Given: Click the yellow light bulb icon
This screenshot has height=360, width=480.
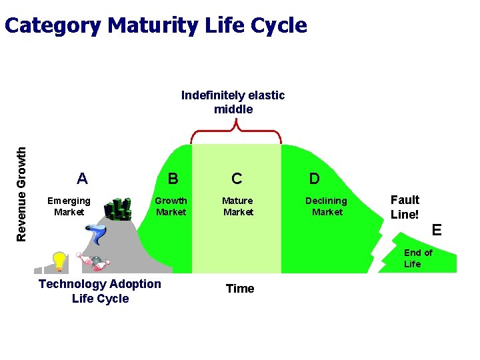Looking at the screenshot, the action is point(59,261).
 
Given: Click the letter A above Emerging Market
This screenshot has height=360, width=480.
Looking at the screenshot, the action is point(82,179).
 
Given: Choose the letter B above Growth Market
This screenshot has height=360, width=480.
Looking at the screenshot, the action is point(173,179).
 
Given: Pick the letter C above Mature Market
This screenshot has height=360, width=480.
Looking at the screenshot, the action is point(237,179).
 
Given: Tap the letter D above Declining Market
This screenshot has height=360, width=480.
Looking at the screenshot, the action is point(314,179).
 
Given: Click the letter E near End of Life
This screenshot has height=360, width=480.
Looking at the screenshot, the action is point(437,230).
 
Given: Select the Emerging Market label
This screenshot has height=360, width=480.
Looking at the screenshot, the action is point(69,207).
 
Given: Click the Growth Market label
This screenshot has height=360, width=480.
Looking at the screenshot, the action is point(171,207).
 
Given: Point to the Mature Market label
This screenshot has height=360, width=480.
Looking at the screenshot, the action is point(237,207).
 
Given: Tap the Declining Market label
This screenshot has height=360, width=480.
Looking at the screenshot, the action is point(326,207).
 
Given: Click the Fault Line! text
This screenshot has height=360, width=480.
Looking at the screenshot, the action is point(405,207).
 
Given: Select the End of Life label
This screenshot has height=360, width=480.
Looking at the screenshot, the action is point(418,258).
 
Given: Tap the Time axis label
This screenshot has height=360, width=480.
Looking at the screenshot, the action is point(240,289).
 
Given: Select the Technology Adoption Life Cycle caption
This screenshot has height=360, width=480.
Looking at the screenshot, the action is point(100,291).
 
